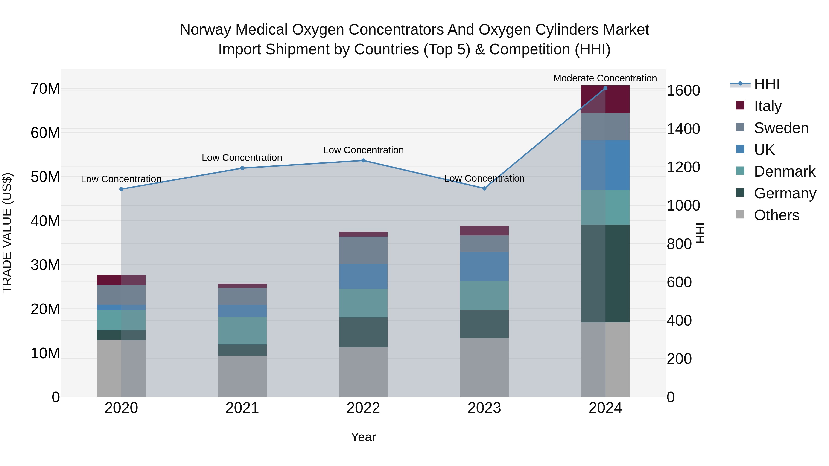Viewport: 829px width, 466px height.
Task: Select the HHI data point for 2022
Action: pyautogui.click(x=363, y=160)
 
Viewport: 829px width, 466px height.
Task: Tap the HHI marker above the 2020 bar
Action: pyautogui.click(x=121, y=189)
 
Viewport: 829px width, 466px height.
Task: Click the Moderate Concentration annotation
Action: pyautogui.click(x=605, y=78)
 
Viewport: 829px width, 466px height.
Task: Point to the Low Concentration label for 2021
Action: pyautogui.click(x=242, y=158)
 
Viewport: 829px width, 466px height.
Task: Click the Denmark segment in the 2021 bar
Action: pyautogui.click(x=242, y=331)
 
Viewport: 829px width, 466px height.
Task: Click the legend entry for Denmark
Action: pyautogui.click(x=784, y=171)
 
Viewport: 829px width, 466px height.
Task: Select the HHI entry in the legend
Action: pyautogui.click(x=766, y=84)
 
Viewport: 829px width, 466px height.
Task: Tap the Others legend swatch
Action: pyautogui.click(x=740, y=214)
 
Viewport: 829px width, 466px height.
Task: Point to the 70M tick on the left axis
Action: pyautogui.click(x=45, y=89)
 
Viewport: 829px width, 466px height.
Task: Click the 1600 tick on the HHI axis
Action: pyautogui.click(x=683, y=90)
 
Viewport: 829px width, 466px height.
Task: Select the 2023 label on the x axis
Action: pyautogui.click(x=484, y=408)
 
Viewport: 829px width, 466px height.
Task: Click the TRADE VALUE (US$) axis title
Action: pyautogui.click(x=7, y=233)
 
